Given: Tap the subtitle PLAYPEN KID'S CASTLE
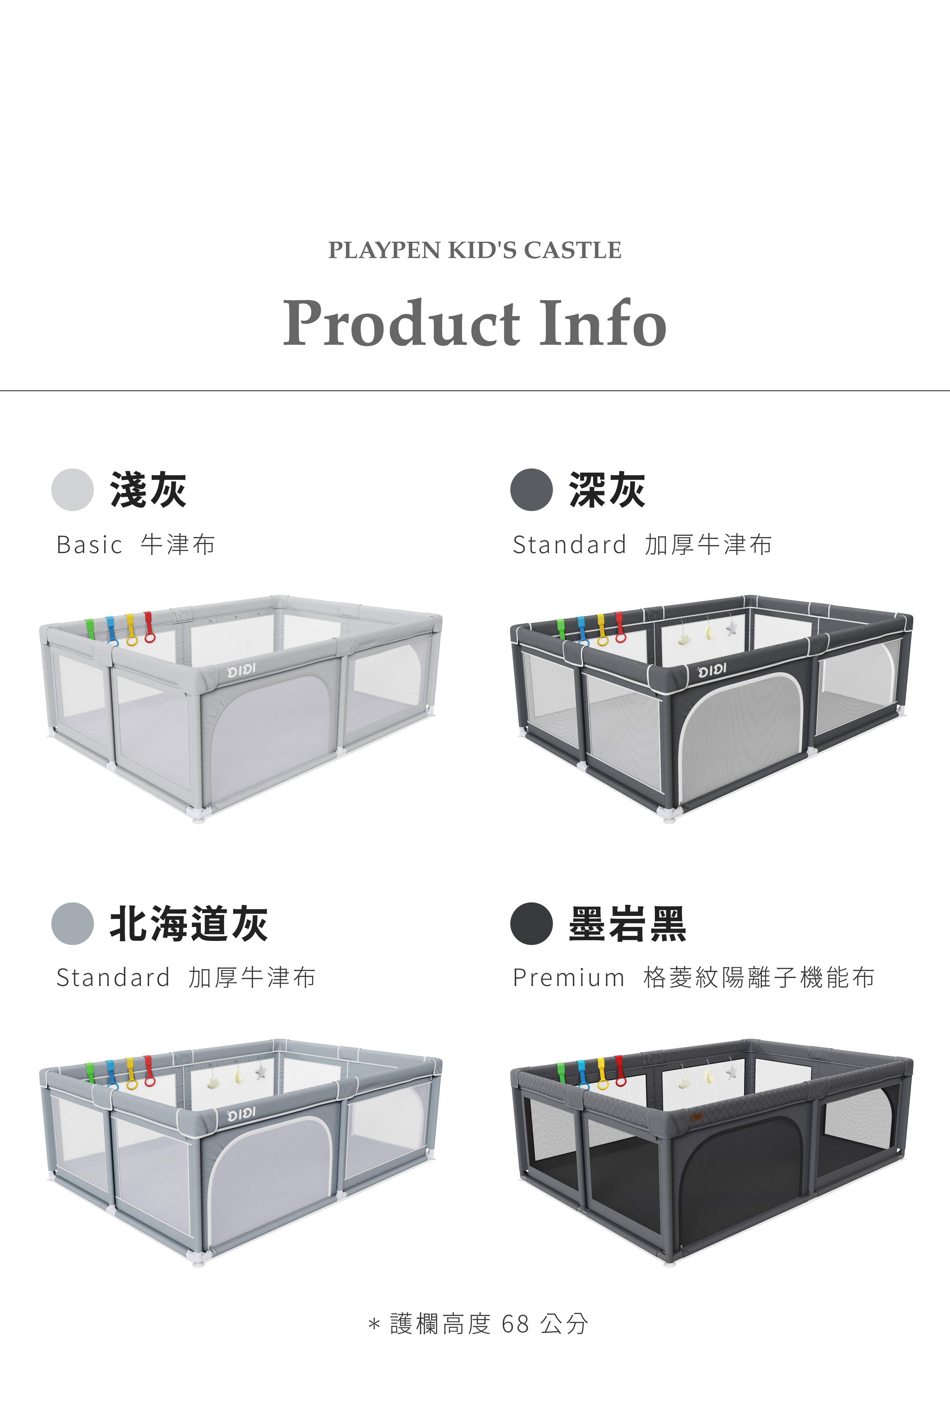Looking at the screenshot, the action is [x=475, y=250].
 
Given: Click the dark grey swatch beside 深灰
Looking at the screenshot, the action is [x=531, y=490].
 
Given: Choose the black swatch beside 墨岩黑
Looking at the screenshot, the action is [x=531, y=923].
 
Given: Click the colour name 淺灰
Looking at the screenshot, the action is [x=148, y=490].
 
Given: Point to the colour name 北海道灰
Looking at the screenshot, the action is [x=188, y=923].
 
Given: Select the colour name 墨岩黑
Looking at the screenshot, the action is [x=627, y=923].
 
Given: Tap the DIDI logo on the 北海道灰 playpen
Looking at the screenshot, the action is [x=241, y=1114].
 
